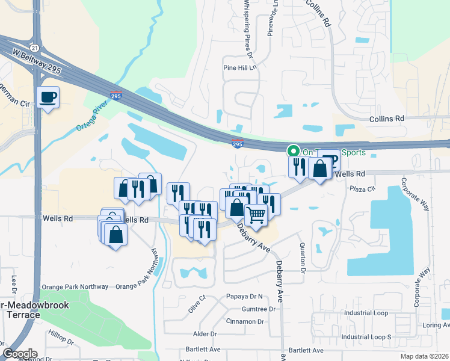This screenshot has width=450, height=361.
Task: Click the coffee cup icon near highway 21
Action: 48,96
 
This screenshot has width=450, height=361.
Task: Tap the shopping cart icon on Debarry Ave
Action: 256,214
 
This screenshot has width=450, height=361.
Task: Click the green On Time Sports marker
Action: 294,151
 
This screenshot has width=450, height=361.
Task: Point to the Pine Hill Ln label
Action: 240,68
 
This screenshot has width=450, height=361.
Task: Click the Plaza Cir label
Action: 363,188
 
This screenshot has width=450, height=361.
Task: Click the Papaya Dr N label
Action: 245,297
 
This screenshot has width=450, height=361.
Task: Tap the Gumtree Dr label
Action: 259,309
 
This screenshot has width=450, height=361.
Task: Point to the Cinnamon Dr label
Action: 245,321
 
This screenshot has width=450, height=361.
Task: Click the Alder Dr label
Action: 205,333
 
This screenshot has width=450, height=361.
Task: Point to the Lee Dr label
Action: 13,285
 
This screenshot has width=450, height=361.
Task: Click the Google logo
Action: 19,353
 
